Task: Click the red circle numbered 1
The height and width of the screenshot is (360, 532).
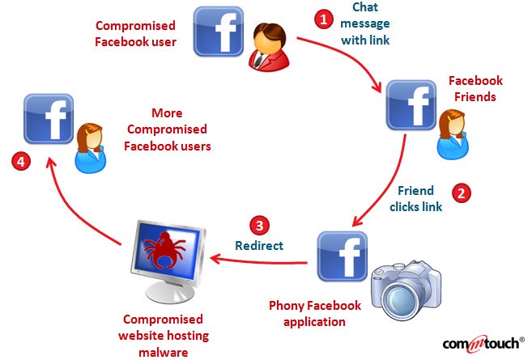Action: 323,17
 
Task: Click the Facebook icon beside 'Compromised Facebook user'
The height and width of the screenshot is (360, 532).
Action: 219,32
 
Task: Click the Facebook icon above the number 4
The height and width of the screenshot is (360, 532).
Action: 49,119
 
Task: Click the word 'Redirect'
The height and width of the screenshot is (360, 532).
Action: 258,245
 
